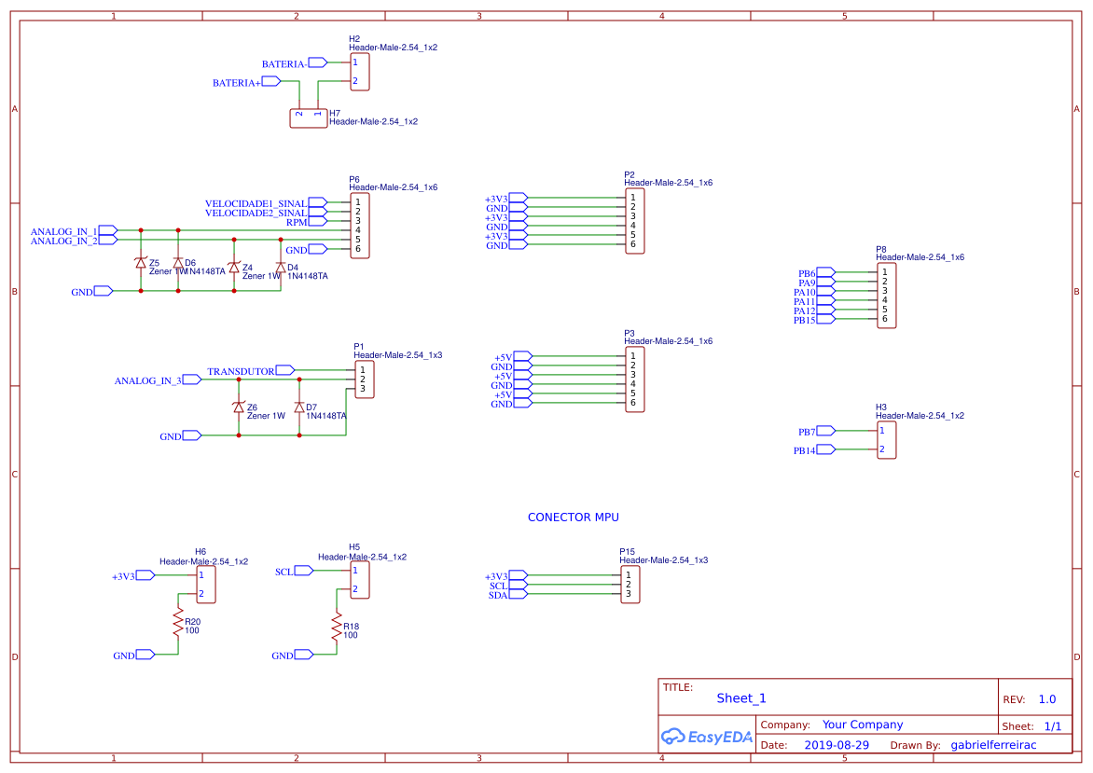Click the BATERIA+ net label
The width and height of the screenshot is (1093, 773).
pyautogui.click(x=237, y=83)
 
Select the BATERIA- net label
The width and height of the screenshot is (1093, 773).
pyautogui.click(x=284, y=63)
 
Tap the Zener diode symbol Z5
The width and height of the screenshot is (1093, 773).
pyautogui.click(x=141, y=263)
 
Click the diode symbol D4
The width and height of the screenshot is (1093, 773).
pyautogui.click(x=281, y=267)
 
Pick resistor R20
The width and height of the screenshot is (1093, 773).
pyautogui.click(x=177, y=623)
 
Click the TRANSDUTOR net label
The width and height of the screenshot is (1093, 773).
pyautogui.click(x=241, y=371)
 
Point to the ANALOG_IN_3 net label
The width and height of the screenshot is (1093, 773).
pyautogui.click(x=147, y=380)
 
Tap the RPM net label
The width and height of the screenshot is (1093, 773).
pyautogui.click(x=296, y=222)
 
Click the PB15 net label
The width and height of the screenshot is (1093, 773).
pyautogui.click(x=804, y=320)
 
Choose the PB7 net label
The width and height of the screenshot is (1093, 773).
pyautogui.click(x=807, y=432)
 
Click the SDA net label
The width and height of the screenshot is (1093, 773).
pyautogui.click(x=498, y=595)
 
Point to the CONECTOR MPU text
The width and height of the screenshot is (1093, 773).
pyautogui.click(x=573, y=518)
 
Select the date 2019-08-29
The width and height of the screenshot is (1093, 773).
pyautogui.click(x=836, y=745)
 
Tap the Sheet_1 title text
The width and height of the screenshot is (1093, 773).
pyautogui.click(x=741, y=698)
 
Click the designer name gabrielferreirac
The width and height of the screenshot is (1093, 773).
pyautogui.click(x=993, y=745)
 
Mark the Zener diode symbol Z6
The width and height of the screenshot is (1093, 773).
pyautogui.click(x=239, y=407)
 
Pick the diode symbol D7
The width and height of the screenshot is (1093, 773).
pyautogui.click(x=299, y=407)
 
